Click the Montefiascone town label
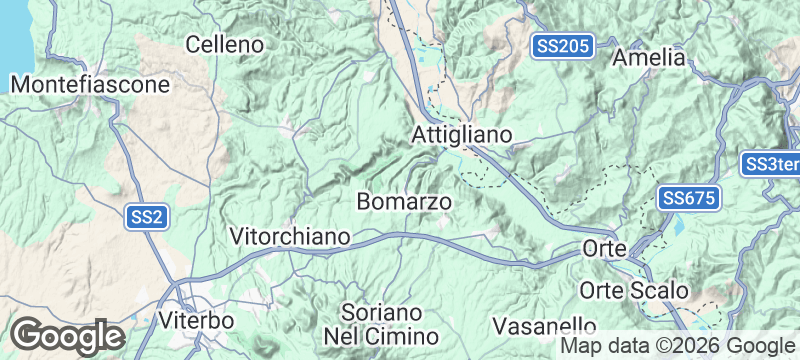click(91, 85)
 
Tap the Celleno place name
click(225, 44)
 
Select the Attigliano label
click(462, 134)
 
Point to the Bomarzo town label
click(404, 202)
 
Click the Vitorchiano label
click(290, 237)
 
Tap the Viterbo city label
click(196, 321)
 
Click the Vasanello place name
click(546, 326)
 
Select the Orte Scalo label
click(634, 290)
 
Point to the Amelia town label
click(650, 57)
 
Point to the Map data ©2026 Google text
click(676, 345)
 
